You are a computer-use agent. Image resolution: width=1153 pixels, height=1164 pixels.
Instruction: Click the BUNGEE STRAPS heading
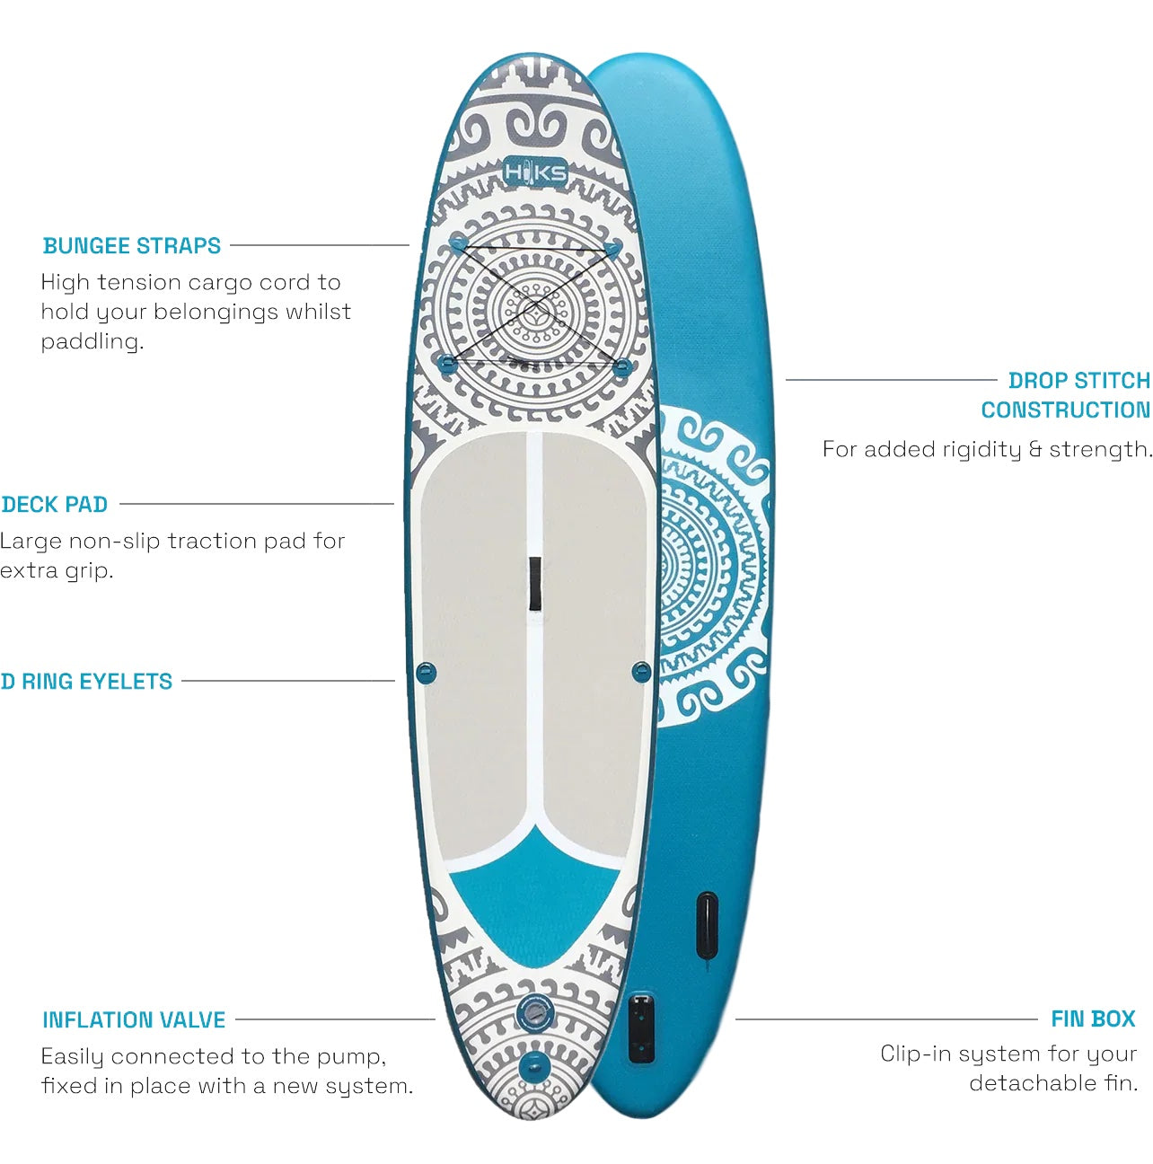(x=132, y=246)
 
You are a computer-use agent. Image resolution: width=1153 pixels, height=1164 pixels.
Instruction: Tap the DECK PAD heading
(x=55, y=505)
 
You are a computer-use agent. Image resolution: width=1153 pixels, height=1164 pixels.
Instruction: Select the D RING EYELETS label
(x=87, y=682)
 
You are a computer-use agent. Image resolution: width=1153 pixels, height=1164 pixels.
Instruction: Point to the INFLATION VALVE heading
(x=134, y=1020)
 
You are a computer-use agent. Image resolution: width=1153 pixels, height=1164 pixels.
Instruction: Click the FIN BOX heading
(x=1093, y=1019)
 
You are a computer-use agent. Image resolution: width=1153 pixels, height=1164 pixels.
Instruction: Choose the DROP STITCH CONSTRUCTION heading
(x=1066, y=395)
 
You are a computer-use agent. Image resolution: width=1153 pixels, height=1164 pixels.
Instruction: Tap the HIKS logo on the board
(x=535, y=172)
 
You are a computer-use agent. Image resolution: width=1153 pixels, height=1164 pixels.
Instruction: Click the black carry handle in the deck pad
(x=534, y=584)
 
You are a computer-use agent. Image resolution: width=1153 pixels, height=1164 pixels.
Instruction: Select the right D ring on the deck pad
(x=641, y=671)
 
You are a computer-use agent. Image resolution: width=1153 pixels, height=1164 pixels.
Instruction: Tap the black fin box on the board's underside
(x=641, y=1027)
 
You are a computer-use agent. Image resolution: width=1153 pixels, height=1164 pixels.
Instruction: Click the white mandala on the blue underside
(x=711, y=566)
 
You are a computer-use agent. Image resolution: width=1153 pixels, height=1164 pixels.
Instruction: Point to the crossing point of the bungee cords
(x=532, y=304)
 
